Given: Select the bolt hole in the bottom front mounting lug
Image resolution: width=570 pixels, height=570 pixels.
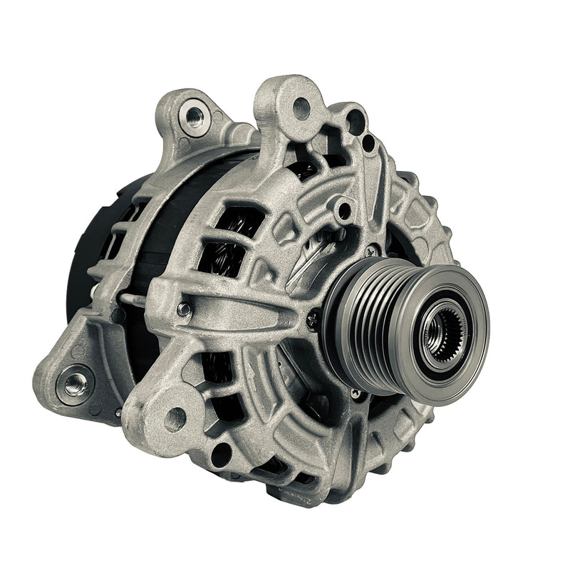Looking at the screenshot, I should click(x=175, y=419).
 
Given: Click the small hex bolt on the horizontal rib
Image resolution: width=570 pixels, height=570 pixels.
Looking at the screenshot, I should click(x=184, y=309).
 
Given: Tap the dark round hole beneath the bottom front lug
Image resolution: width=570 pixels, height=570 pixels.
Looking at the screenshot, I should click(x=222, y=453).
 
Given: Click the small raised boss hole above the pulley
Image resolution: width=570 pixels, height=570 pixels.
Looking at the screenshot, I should click(x=345, y=210).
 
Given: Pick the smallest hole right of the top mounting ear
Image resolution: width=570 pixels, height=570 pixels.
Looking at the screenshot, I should click(x=368, y=142).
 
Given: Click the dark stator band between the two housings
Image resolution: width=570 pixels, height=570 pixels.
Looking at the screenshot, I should click(x=171, y=228).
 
